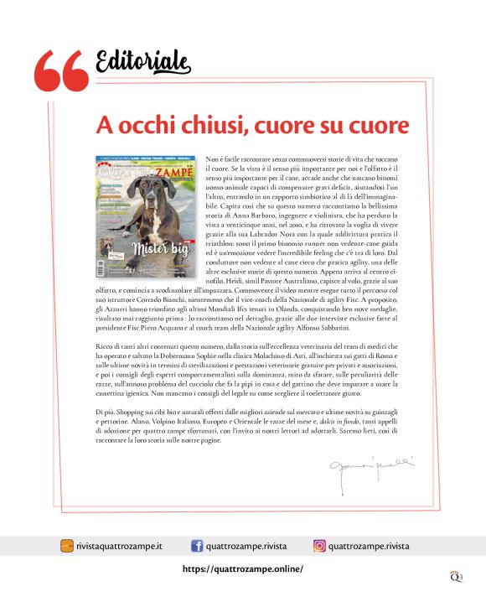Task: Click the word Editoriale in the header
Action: tap(143, 61)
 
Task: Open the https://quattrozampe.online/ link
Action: tap(243, 568)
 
